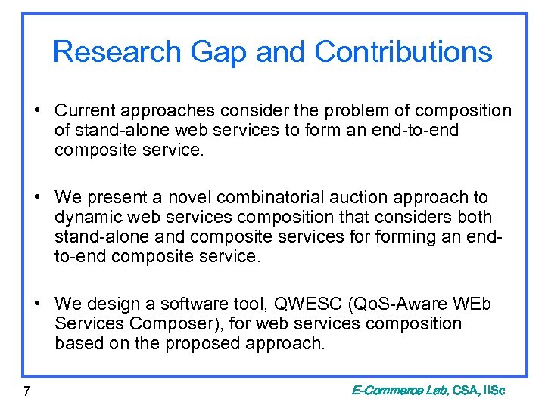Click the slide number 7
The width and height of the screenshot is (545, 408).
26,391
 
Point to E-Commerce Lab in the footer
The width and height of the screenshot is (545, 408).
399,391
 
